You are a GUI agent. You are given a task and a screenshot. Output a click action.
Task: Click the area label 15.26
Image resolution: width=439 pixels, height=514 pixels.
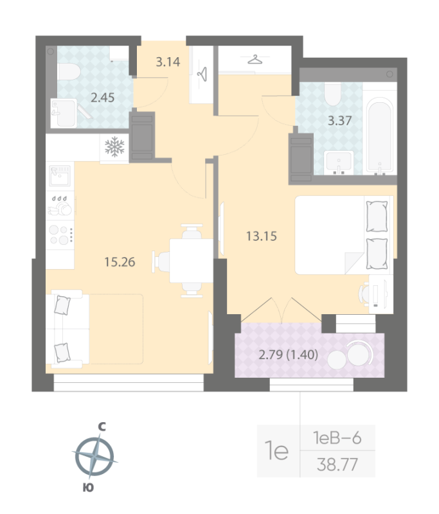click(120, 261)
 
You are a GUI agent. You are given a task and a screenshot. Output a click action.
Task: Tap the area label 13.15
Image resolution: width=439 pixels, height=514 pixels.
click(261, 236)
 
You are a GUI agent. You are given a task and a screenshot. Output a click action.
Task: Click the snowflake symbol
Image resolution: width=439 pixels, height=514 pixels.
click(114, 148)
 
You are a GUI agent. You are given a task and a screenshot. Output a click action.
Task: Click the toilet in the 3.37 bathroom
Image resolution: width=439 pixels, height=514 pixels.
click(332, 95)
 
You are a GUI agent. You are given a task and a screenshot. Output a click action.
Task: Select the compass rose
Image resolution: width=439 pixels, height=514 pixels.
click(94, 457)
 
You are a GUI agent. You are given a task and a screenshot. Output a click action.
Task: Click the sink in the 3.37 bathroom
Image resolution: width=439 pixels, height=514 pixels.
click(338, 162)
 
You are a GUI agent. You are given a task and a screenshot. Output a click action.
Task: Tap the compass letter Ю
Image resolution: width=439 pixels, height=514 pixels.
click(89, 489)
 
